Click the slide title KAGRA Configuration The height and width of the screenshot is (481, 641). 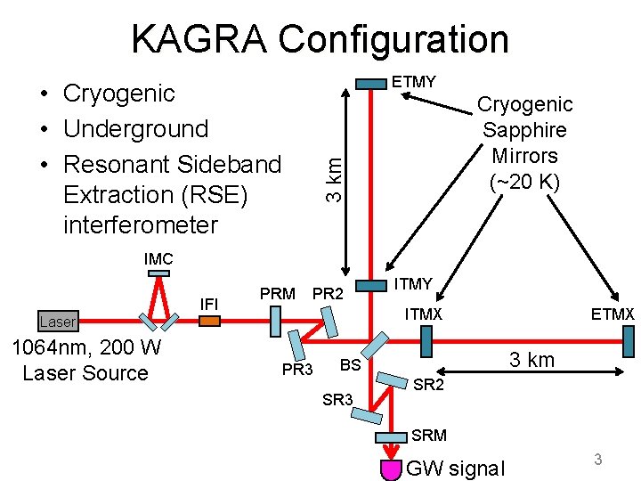tap(320, 39)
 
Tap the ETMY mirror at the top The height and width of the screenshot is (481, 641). tap(371, 84)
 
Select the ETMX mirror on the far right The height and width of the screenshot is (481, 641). tap(629, 340)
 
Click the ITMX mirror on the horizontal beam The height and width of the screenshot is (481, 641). tap(426, 339)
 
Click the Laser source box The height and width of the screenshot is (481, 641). tap(57, 322)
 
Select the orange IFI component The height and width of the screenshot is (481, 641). tap(209, 322)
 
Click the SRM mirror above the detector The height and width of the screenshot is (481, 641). tap(391, 438)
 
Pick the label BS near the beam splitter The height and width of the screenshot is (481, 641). tap(350, 364)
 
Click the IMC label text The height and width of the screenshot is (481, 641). tap(158, 259)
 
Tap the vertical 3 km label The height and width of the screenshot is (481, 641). tap(332, 174)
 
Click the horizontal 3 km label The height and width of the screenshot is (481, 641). tap(531, 360)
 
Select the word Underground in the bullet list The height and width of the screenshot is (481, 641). tap(136, 129)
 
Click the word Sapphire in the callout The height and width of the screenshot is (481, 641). tap(524, 130)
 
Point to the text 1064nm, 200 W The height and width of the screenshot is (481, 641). tap(85, 346)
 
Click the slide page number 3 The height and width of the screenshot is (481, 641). tap(598, 460)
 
